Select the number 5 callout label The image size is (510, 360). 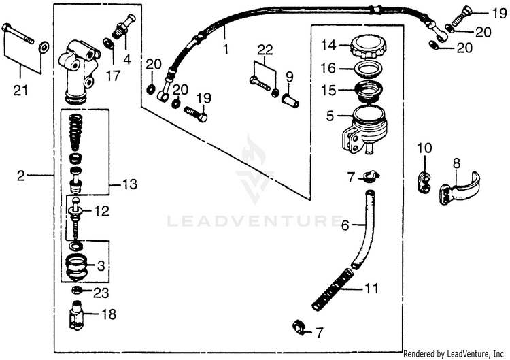(330, 116)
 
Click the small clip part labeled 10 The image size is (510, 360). (424, 180)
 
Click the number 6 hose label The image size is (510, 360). (345, 224)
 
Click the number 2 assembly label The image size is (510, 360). (20, 176)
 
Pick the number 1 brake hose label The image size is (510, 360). (224, 49)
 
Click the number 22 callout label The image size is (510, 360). (265, 48)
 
